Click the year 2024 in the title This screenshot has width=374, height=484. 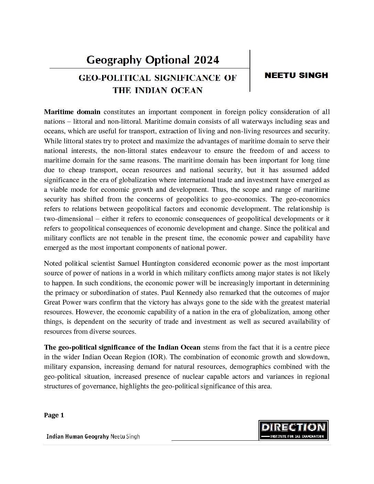[x=206, y=60]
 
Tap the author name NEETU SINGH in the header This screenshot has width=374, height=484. [x=296, y=75]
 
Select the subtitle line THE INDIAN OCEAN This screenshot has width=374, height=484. [x=158, y=90]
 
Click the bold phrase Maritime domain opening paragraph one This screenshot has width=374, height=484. [x=72, y=112]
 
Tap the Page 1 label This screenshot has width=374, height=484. [x=54, y=415]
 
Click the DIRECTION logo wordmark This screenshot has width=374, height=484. [x=293, y=427]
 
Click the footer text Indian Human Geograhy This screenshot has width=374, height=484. [x=77, y=437]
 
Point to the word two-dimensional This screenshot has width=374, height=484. [x=68, y=219]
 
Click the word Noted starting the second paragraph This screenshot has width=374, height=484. [x=52, y=264]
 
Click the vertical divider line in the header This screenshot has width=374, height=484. [x=250, y=71]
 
